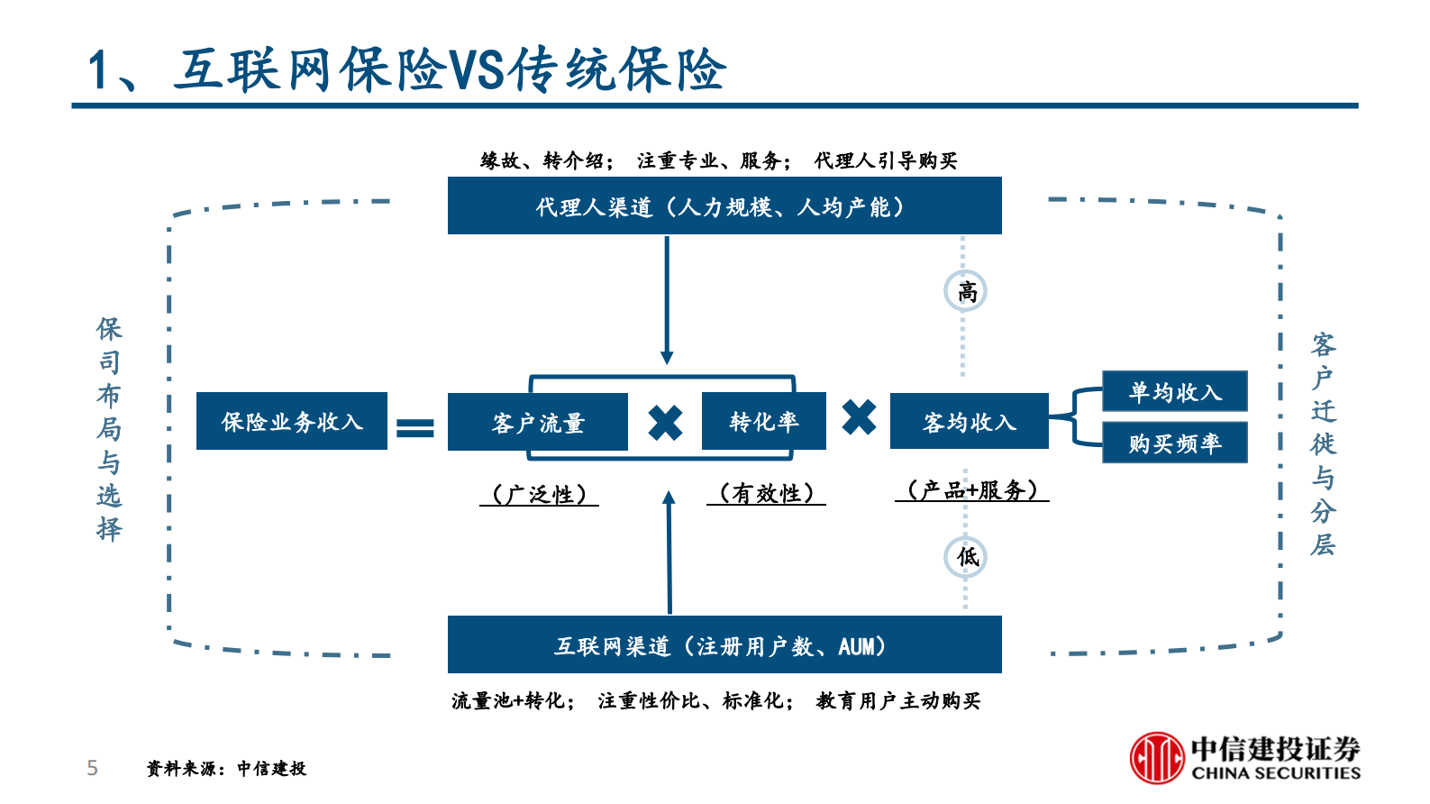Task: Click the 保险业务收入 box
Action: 291,421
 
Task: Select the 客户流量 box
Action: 537,422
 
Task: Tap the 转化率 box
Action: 763,421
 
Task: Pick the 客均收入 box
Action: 969,421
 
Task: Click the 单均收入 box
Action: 1174,391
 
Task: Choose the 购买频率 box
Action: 1174,443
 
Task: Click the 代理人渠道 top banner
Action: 724,206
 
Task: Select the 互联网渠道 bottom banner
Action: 724,644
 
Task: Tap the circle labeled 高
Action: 965,291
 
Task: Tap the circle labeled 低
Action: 965,557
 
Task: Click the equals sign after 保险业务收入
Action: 415,427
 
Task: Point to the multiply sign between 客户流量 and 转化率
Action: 665,423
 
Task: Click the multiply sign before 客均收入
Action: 859,417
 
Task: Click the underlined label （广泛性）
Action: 539,494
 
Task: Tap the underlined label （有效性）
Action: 766,493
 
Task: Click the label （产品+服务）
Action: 971,490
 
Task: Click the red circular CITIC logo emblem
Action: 1157,757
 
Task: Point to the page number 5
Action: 92,768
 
